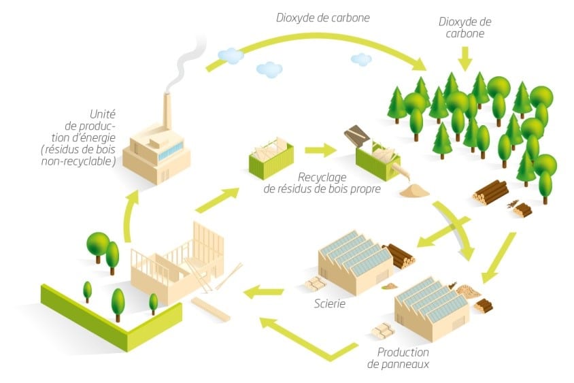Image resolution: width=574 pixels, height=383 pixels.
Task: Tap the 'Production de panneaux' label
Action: pos(403,358)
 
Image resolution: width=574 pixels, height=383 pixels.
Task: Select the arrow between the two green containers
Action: pos(317,149)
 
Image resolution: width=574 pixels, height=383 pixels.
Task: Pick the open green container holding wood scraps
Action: pos(270,157)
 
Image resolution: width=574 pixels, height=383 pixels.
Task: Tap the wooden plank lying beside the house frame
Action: pos(210,307)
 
